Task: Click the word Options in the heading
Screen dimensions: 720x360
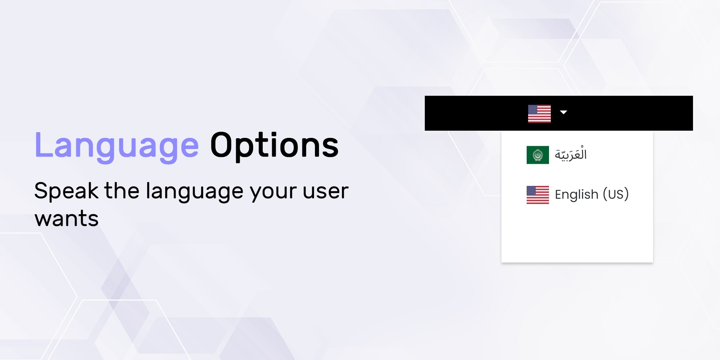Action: pyautogui.click(x=274, y=146)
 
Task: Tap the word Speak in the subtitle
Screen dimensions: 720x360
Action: pyautogui.click(x=66, y=191)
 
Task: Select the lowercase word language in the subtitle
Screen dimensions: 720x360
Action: pyautogui.click(x=195, y=191)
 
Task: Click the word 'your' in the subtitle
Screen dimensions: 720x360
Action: pyautogui.click(x=273, y=193)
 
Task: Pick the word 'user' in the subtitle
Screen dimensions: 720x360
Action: pyautogui.click(x=326, y=192)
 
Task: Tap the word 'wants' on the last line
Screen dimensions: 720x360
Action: pyautogui.click(x=67, y=219)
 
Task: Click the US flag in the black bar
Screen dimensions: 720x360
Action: pyautogui.click(x=539, y=114)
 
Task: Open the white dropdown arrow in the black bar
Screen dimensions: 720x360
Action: pyautogui.click(x=564, y=112)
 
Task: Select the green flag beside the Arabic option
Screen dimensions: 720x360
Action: pyautogui.click(x=538, y=155)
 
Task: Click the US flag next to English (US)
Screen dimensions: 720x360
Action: pyautogui.click(x=538, y=195)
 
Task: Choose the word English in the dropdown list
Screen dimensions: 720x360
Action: pyautogui.click(x=576, y=194)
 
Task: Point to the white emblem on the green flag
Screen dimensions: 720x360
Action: pyautogui.click(x=538, y=155)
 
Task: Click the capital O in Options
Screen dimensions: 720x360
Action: pyautogui.click(x=222, y=145)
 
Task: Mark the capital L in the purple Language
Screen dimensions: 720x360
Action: pyautogui.click(x=44, y=145)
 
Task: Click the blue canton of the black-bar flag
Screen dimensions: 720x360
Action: pyautogui.click(x=533, y=109)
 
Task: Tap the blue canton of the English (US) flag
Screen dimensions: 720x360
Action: pyautogui.click(x=531, y=190)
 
